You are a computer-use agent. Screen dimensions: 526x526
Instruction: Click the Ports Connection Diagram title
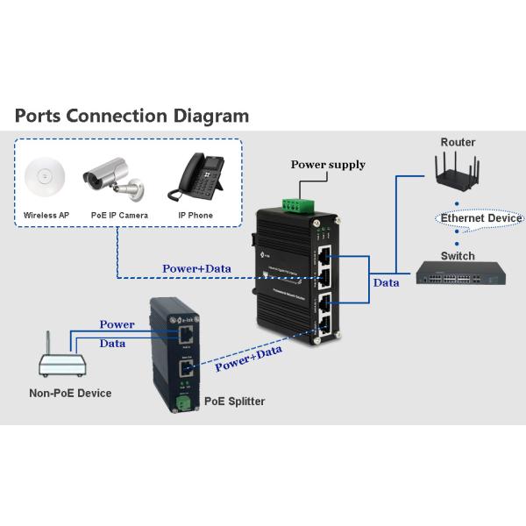click(132, 116)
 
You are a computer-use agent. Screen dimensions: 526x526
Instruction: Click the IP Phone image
click(195, 178)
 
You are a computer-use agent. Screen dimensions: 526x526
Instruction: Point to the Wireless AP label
click(46, 215)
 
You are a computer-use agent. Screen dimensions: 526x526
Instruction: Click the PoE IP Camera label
click(119, 215)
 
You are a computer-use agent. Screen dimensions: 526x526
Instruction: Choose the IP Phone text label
click(195, 215)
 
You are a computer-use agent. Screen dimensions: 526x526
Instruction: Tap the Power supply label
click(328, 165)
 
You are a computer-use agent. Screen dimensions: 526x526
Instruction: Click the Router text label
click(458, 142)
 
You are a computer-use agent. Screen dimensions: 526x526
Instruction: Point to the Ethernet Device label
click(481, 218)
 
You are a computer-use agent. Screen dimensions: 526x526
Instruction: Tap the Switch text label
click(458, 256)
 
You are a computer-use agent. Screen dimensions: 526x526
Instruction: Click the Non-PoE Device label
click(70, 394)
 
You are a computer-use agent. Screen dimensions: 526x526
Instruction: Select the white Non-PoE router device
click(59, 360)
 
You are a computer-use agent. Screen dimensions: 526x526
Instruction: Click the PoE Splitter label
click(234, 402)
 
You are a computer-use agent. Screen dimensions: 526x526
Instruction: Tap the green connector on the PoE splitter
click(185, 402)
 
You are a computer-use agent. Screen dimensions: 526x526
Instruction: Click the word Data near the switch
click(386, 283)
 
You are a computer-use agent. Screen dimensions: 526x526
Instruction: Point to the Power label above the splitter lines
click(117, 324)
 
